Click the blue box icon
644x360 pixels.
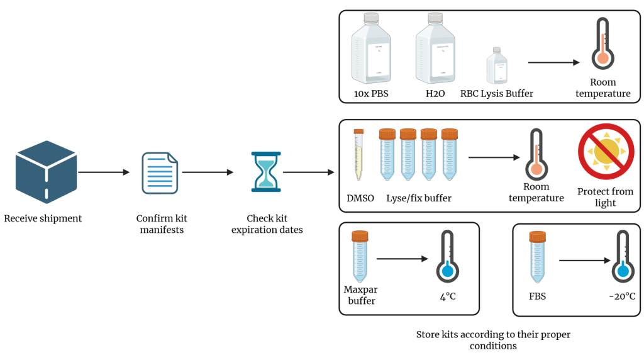pyautogui.click(x=46, y=172)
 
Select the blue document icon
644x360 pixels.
pyautogui.click(x=160, y=172)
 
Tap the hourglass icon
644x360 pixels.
pyautogui.click(x=266, y=171)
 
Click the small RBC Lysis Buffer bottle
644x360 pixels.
pyautogui.click(x=497, y=65)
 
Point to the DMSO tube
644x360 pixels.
pyautogui.click(x=358, y=154)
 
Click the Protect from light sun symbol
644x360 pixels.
pyautogui.click(x=606, y=151)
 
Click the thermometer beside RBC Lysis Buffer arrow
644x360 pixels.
pyautogui.click(x=602, y=43)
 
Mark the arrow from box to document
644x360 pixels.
pyautogui.click(x=104, y=172)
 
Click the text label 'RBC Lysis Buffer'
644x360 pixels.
pyautogui.click(x=497, y=94)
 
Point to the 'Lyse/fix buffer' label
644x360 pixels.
pyautogui.click(x=419, y=198)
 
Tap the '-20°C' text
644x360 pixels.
pyautogui.click(x=622, y=295)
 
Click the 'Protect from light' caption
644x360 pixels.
pyautogui.click(x=605, y=197)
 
